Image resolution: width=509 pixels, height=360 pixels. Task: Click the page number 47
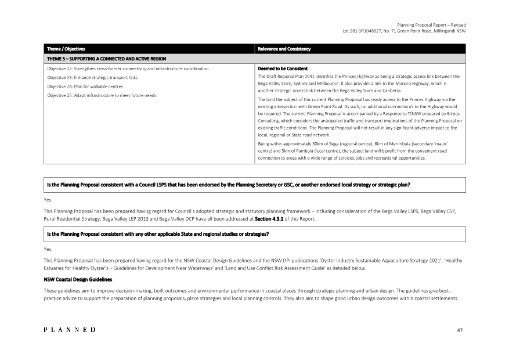(460, 330)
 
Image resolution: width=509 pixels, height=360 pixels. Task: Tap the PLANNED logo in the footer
(70, 330)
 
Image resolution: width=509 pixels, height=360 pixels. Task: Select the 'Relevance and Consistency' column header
(284, 49)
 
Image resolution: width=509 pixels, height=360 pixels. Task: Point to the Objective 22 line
(128, 69)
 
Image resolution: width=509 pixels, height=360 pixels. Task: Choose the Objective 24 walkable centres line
(85, 86)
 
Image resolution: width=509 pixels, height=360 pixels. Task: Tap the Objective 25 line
(102, 95)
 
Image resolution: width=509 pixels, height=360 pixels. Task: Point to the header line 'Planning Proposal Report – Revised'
(431, 25)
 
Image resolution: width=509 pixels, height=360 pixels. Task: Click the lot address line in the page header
(404, 31)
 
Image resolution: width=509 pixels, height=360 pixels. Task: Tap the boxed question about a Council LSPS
(229, 185)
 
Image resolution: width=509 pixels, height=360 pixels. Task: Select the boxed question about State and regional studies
(157, 234)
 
